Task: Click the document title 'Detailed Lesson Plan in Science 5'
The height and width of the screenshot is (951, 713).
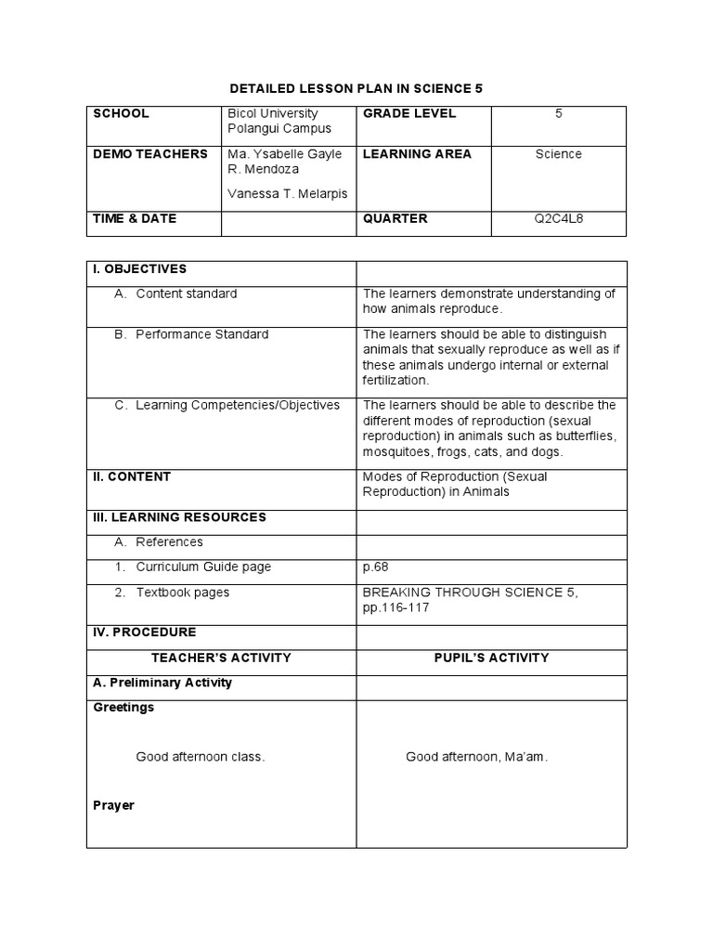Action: point(356,88)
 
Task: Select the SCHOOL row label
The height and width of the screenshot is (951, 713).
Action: point(121,113)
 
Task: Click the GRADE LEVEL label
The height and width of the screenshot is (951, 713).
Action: point(409,113)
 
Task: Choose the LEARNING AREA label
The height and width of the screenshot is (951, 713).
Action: point(417,153)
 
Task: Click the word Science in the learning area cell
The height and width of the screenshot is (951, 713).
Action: point(558,154)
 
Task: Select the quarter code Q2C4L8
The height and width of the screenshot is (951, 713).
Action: point(558,219)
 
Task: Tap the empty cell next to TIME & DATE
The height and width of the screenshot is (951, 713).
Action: point(288,223)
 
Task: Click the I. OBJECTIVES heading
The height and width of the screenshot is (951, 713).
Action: point(139,269)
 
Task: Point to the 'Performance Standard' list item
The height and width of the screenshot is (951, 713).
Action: point(201,334)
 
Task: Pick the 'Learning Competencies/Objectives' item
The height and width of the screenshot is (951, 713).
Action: point(238,405)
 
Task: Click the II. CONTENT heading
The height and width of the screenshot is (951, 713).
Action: point(132,476)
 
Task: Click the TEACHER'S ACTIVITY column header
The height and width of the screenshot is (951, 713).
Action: point(221,658)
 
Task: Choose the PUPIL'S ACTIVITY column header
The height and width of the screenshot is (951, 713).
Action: point(491,658)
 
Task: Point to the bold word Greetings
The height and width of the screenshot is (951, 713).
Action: point(123,708)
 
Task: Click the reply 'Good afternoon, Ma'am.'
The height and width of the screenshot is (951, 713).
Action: point(476,757)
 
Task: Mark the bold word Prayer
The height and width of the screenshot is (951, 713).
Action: point(113,805)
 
